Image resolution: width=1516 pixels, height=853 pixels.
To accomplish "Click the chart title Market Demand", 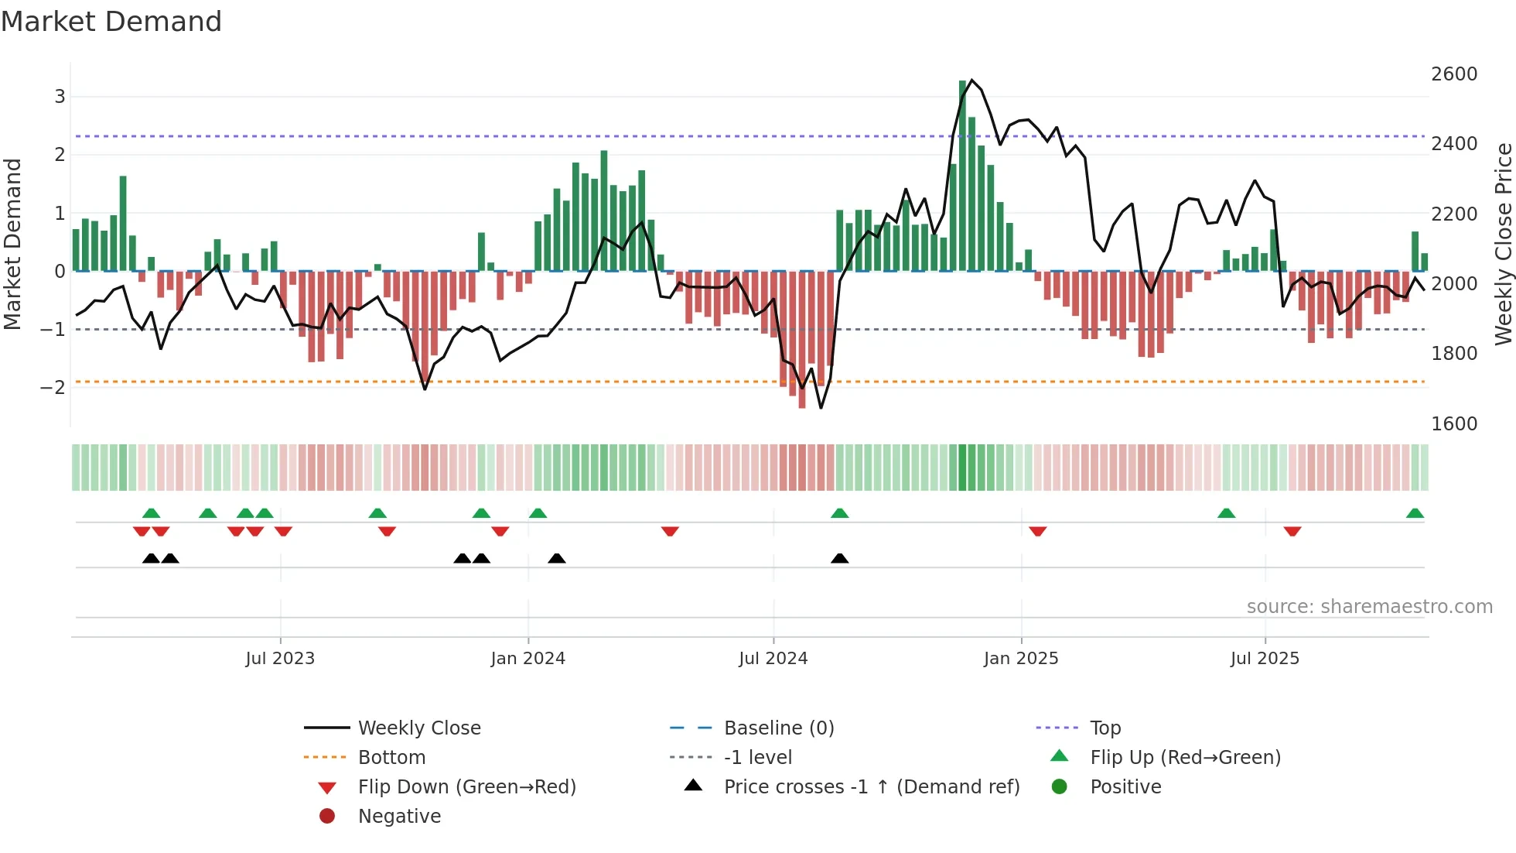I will click(x=111, y=22).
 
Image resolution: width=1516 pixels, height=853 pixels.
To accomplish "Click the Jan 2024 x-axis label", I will click(x=528, y=659).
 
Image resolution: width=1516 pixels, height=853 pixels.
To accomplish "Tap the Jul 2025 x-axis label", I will click(x=1265, y=659).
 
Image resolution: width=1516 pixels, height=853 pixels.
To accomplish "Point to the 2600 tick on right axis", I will click(x=1453, y=74).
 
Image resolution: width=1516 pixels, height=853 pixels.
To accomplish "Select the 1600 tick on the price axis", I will click(x=1453, y=424).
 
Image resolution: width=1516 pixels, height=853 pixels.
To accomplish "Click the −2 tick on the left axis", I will click(x=53, y=387).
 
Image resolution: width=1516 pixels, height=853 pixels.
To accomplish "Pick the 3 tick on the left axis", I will click(x=60, y=97).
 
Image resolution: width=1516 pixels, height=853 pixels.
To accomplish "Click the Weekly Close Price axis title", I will click(x=1503, y=244).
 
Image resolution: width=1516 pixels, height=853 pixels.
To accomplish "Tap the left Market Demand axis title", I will click(x=12, y=244).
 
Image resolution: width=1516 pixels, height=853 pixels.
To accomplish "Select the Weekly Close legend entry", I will click(x=418, y=728).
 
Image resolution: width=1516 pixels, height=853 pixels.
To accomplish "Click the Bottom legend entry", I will click(x=391, y=758).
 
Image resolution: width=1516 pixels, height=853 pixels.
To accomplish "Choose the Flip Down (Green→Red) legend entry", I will click(x=466, y=787).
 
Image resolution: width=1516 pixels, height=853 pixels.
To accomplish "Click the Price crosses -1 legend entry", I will click(x=872, y=787).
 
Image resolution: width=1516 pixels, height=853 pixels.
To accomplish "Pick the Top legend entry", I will click(x=1105, y=728).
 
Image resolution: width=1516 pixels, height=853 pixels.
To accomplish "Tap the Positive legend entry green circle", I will click(x=1060, y=787).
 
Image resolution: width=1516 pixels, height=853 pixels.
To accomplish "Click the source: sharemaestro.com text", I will click(x=1369, y=607).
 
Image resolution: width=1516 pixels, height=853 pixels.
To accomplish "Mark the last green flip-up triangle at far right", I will click(x=1415, y=513).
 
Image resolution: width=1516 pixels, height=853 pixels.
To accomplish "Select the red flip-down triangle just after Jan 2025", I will click(x=1038, y=531).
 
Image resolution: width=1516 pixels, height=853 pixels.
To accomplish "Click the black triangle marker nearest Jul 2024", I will click(x=839, y=558).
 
